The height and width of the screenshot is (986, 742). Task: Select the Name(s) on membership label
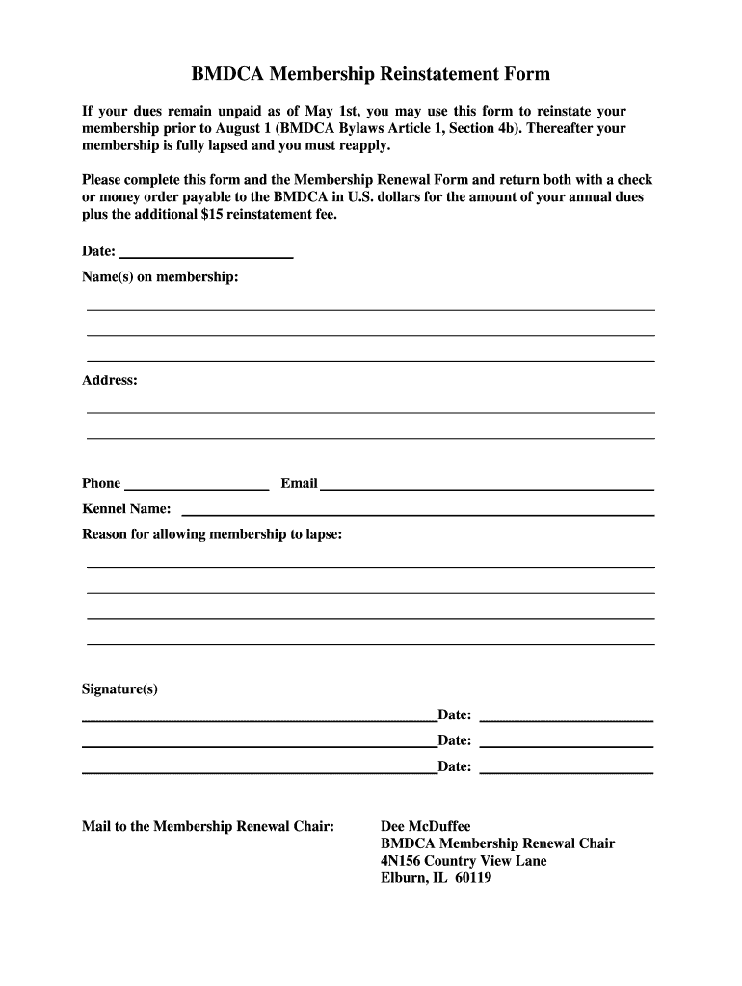coord(160,277)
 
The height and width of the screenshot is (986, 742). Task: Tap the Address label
coord(110,380)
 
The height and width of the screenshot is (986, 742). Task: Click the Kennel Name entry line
coord(417,512)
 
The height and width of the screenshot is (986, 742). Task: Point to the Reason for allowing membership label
coord(212,533)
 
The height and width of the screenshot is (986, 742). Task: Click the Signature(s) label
coord(119,689)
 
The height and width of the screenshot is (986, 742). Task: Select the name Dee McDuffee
coord(426,826)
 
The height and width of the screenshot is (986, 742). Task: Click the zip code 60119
coord(472,878)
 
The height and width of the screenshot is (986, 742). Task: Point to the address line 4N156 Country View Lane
coord(464,861)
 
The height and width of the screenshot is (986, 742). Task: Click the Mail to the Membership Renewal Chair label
coord(208,826)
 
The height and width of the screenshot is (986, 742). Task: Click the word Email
coord(299,483)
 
